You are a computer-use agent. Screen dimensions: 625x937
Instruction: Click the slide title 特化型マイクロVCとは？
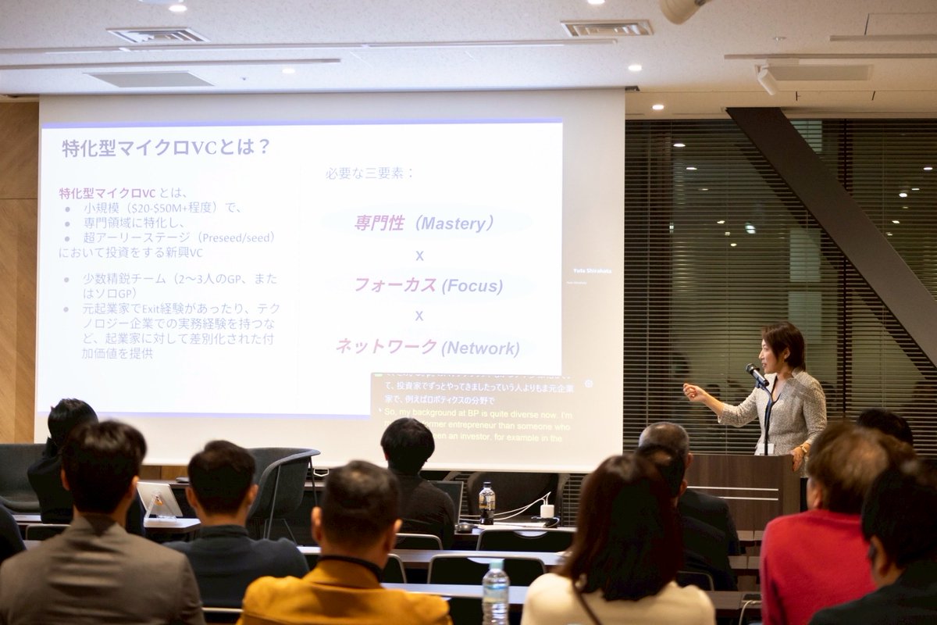coord(166,148)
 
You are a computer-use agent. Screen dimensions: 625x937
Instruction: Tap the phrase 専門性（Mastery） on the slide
coord(425,223)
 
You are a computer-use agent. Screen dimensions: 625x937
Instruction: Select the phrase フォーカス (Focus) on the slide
coord(428,285)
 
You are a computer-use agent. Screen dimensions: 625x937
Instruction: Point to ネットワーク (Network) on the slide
coord(427,347)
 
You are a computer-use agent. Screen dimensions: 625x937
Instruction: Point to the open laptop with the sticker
coord(160,500)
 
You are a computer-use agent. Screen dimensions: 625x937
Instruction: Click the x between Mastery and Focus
coord(419,255)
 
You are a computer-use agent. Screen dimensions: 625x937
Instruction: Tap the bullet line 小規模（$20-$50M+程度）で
coord(163,208)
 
